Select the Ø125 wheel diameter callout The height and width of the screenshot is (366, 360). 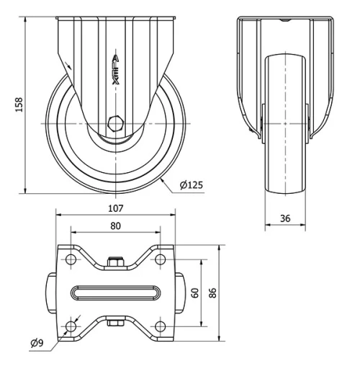(x=191, y=185)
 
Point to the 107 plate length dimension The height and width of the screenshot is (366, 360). (x=116, y=208)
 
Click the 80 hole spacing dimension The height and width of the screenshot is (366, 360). (x=115, y=225)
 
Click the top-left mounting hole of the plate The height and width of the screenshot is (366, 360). (x=71, y=257)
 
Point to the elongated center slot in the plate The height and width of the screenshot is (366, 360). (x=115, y=292)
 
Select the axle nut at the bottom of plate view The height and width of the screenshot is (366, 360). (x=114, y=323)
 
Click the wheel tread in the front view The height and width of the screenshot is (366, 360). (x=286, y=130)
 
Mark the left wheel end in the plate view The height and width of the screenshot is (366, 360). (x=53, y=292)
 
